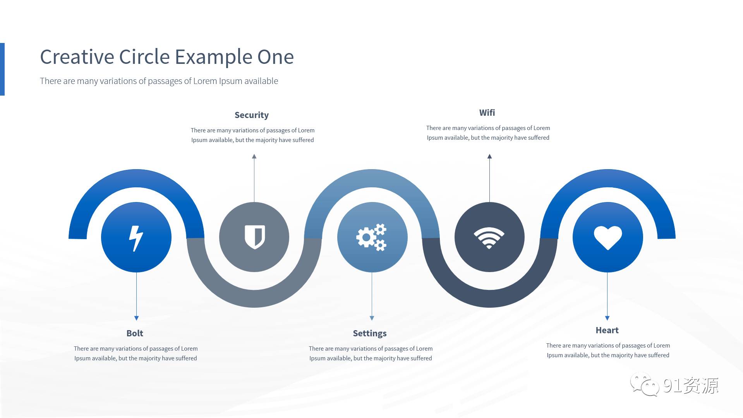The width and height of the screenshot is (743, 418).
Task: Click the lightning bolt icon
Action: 136,238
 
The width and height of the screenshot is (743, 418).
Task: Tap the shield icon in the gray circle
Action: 254,237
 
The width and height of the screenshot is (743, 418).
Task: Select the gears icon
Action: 371,237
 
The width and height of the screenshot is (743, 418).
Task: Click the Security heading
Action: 252,115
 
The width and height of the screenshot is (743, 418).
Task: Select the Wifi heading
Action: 487,113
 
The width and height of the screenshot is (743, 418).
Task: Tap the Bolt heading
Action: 135,333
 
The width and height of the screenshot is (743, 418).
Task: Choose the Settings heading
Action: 370,333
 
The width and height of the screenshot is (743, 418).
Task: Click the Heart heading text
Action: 607,330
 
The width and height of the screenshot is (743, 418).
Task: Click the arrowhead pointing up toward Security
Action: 254,156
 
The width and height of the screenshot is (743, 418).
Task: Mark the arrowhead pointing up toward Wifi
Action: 489,156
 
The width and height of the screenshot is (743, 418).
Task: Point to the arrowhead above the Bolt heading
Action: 136,318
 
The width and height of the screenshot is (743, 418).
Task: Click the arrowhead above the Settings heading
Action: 372,318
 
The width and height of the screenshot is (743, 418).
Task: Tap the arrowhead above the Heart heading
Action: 607,318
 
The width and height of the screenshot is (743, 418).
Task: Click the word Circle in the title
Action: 144,57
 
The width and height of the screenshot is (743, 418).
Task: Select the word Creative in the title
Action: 77,57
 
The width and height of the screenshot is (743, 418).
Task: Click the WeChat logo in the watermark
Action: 644,384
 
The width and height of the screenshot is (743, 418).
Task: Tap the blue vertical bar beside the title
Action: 2,69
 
